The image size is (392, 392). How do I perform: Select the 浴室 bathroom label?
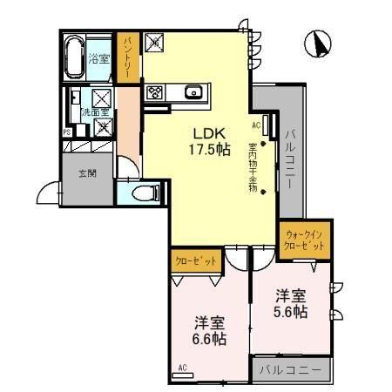click(98, 58)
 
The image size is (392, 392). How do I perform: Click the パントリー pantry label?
click(128, 57)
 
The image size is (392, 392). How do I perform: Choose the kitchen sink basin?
click(193, 91)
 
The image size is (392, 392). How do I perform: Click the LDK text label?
click(210, 132)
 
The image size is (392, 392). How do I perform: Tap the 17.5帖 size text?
click(210, 150)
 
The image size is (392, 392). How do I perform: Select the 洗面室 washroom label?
click(95, 112)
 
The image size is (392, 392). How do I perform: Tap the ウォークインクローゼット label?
click(304, 240)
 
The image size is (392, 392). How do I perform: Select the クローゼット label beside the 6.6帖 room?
click(194, 260)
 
